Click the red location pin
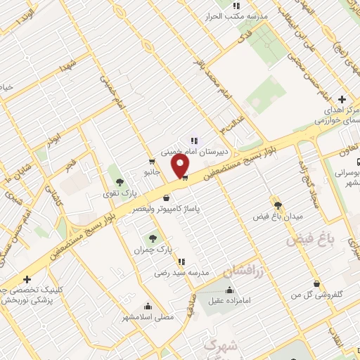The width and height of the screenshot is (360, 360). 181,166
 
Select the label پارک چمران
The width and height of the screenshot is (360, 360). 153,250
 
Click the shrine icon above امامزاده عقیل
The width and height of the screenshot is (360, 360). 229,290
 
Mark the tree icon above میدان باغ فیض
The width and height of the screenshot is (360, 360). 278,205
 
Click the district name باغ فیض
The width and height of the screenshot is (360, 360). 307,240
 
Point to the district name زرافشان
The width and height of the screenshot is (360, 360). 243,271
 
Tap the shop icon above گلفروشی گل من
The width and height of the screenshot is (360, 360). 317,285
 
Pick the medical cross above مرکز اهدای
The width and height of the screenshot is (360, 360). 342,99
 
